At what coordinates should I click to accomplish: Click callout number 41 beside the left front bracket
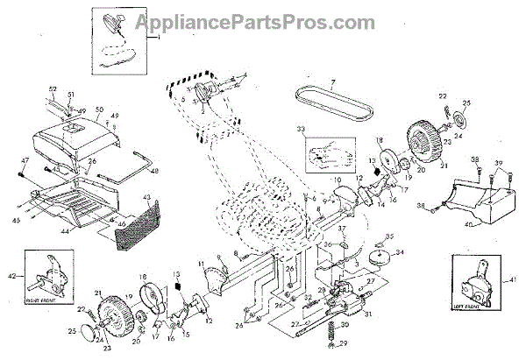coord(514,279)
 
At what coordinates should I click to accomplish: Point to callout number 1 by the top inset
coord(159,39)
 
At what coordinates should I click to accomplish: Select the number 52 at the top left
coord(52,89)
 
